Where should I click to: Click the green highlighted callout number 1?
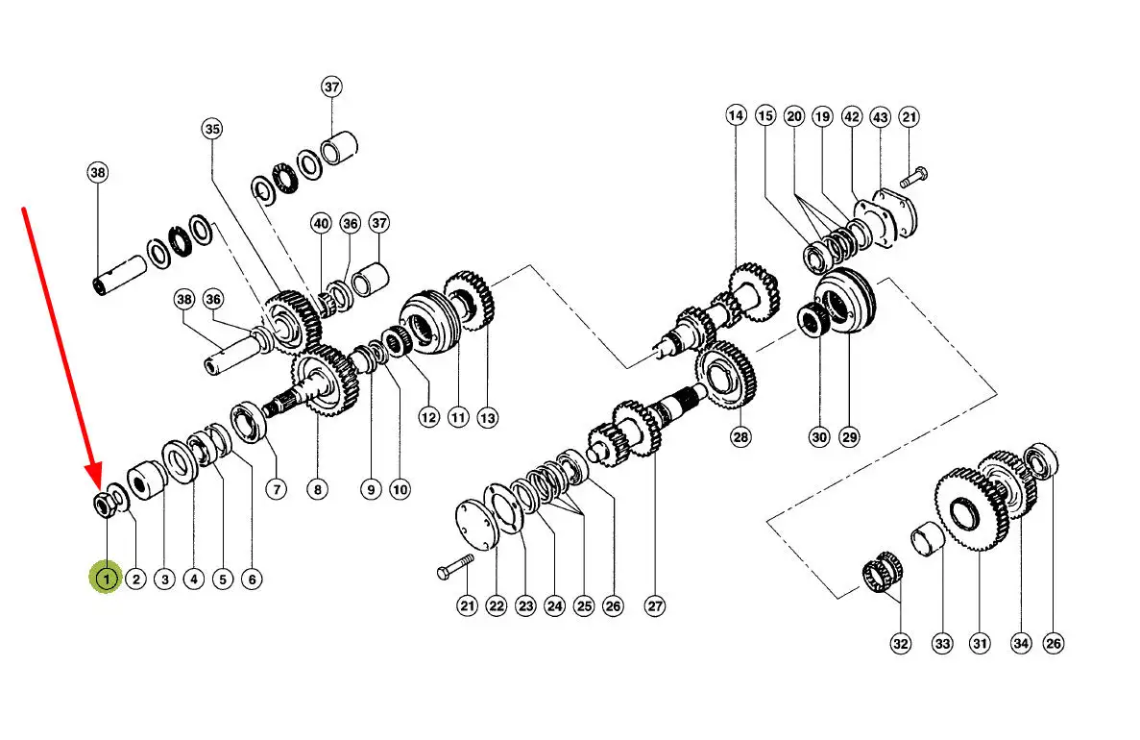(x=107, y=579)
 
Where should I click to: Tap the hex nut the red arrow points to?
(x=103, y=503)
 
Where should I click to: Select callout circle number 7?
(x=277, y=489)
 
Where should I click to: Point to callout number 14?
(x=736, y=115)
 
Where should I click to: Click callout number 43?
(x=880, y=116)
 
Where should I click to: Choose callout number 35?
(x=211, y=129)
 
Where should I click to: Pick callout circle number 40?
(x=321, y=223)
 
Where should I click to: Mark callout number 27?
(x=654, y=606)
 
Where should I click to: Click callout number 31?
(x=980, y=643)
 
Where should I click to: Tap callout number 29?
(x=848, y=436)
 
